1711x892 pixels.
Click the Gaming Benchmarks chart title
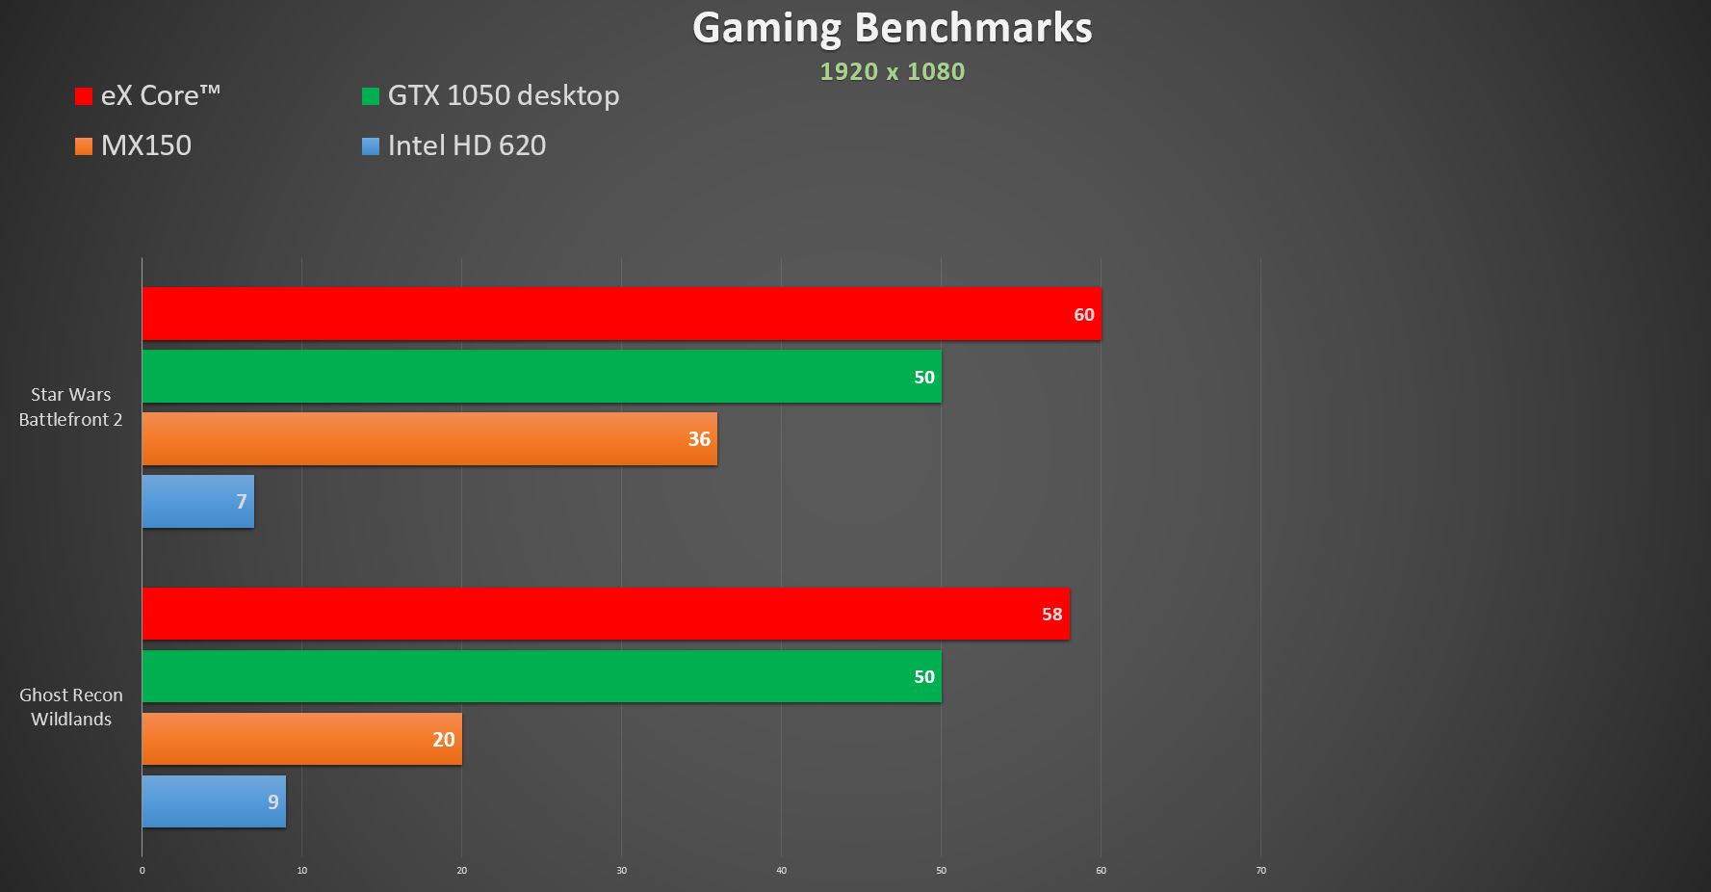click(x=892, y=28)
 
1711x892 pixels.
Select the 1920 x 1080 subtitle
click(x=892, y=71)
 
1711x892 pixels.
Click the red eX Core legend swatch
click(x=84, y=96)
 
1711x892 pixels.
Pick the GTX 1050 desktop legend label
click(x=503, y=95)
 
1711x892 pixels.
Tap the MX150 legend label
click(x=146, y=145)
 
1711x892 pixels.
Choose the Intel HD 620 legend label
click(x=466, y=145)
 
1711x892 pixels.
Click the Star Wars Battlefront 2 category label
click(x=70, y=407)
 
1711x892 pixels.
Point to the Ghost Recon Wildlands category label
click(x=70, y=707)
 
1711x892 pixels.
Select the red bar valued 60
click(x=621, y=314)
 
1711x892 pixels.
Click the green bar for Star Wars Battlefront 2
click(x=541, y=377)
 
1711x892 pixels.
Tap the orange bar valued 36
click(x=429, y=439)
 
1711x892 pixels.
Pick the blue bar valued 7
click(x=197, y=501)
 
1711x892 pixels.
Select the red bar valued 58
click(x=606, y=614)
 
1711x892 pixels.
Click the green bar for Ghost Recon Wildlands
click(x=541, y=676)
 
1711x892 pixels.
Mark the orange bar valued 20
click(x=301, y=739)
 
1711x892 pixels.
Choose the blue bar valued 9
click(x=214, y=801)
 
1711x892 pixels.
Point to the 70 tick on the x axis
click(x=1260, y=871)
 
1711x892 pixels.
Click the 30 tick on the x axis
click(x=621, y=871)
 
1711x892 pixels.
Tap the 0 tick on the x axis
click(x=143, y=871)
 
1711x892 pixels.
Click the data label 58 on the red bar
click(x=1051, y=615)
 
